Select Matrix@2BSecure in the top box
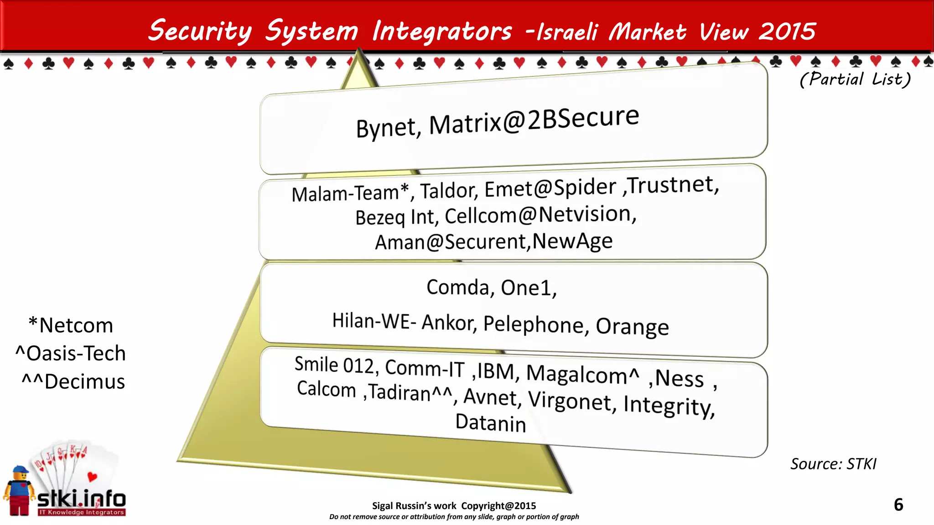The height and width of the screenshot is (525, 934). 534,120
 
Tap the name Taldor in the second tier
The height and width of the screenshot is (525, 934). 449,190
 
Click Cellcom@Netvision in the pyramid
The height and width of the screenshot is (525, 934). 540,215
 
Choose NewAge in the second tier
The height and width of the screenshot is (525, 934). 572,241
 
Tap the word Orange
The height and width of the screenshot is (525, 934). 632,327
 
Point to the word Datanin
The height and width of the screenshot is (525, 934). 491,423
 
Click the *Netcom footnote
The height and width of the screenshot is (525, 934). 71,325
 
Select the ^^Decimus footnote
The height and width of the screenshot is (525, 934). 73,381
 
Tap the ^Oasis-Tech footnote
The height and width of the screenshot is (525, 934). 71,354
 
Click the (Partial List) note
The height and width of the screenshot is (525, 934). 855,79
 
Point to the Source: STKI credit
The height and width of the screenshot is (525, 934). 833,464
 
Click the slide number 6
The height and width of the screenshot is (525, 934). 898,505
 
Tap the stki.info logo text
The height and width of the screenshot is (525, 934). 81,499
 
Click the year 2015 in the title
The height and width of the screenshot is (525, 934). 787,31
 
